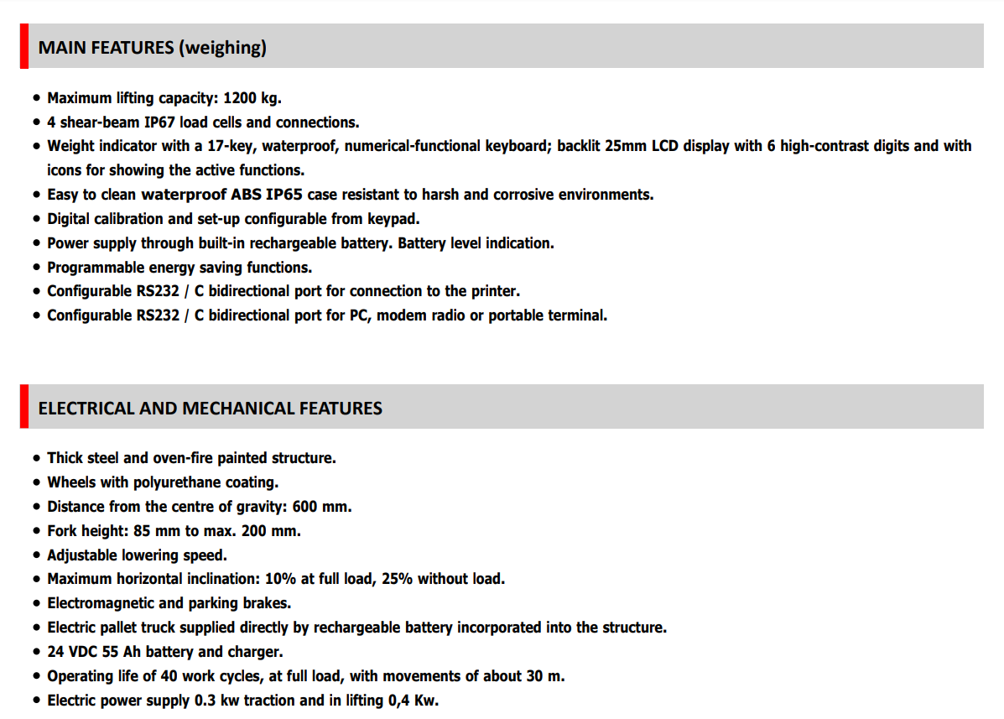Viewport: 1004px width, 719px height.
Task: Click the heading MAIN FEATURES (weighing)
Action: (x=152, y=48)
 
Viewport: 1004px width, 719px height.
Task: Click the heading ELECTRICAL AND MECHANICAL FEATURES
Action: (x=210, y=409)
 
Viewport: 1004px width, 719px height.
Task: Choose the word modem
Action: (x=400, y=315)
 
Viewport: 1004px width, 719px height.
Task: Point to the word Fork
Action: (x=63, y=531)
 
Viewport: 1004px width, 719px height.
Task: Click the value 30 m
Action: (x=548, y=676)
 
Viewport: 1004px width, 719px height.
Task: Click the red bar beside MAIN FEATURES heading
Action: (x=24, y=46)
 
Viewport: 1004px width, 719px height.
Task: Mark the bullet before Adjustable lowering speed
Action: (x=37, y=555)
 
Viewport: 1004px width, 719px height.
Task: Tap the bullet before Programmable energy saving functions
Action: (x=37, y=268)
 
